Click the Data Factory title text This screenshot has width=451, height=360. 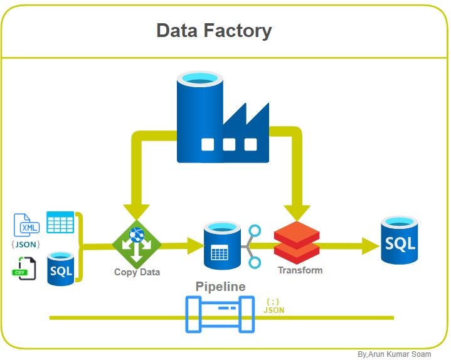coord(214,31)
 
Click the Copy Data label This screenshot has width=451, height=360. coord(137,272)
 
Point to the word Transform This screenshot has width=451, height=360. coord(300,270)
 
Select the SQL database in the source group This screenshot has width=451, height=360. coord(61,268)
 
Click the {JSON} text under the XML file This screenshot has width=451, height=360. coord(26,245)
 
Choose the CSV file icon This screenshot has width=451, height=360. coord(24,268)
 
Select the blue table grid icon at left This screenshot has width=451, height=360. coord(60,223)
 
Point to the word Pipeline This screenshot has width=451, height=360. coord(220,287)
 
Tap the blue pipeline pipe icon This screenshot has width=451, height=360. coord(220,314)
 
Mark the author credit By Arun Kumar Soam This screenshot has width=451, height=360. coord(394,354)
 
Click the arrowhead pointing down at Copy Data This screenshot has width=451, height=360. coord(136,212)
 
